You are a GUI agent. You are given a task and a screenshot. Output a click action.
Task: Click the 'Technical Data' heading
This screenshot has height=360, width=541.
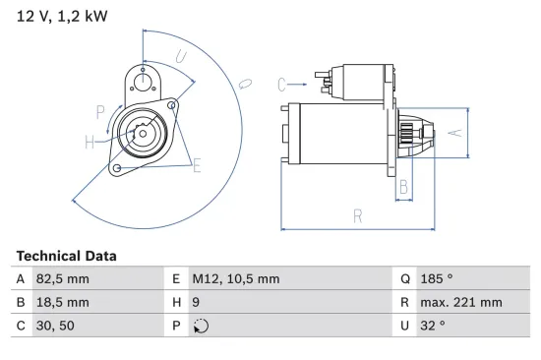(66, 256)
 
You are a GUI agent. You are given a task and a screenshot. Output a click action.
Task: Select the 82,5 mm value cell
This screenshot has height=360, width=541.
(63, 279)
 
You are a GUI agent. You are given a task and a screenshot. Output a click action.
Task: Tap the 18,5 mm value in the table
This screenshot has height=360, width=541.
(63, 302)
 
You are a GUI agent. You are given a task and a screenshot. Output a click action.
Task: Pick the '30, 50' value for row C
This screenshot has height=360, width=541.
(55, 326)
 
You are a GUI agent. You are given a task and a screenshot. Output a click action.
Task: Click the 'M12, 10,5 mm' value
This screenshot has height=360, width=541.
(235, 279)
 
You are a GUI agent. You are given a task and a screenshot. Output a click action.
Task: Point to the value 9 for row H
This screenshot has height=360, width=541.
(196, 302)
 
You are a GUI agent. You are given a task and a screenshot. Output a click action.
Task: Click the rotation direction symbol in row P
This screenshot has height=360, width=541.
(201, 326)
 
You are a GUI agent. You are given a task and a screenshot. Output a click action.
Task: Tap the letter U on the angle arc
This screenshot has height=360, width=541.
(181, 58)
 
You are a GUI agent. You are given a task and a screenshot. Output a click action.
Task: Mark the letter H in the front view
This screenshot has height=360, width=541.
(90, 144)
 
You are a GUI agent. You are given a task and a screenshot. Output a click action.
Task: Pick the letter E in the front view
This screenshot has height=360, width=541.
(197, 165)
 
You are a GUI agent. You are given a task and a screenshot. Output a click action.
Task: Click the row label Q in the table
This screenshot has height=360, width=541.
(404, 279)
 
